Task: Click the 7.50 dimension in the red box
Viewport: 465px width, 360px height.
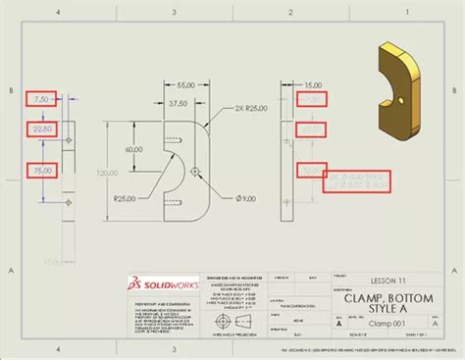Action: click(x=41, y=99)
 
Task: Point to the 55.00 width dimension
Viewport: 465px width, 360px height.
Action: click(x=177, y=86)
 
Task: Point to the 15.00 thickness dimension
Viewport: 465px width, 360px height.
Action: click(x=314, y=85)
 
